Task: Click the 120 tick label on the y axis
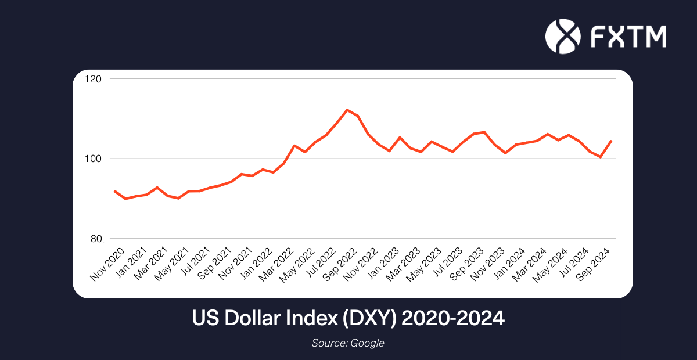click(94, 79)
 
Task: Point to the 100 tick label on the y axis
click(94, 159)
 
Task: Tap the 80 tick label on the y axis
click(95, 239)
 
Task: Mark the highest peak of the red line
click(347, 110)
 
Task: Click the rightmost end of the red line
click(611, 141)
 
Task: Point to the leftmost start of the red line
click(115, 191)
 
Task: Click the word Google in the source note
click(367, 343)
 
